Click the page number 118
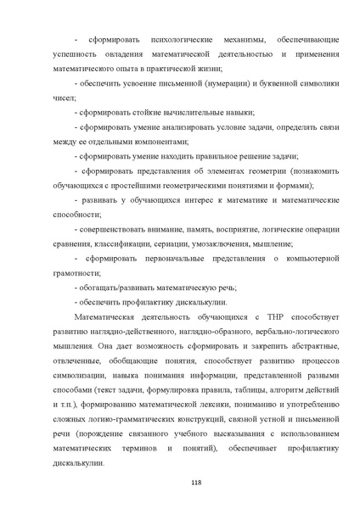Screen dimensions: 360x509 [180, 484]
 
